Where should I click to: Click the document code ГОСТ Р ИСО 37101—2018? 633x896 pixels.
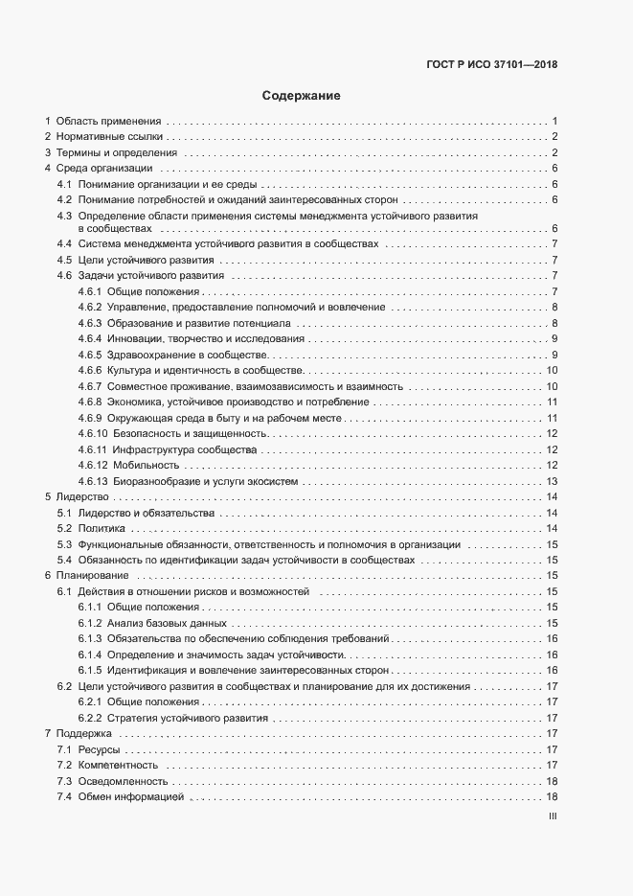[491, 66]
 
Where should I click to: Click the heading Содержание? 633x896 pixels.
[301, 96]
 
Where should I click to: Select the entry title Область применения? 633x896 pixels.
[109, 121]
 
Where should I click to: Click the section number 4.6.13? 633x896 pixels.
[93, 481]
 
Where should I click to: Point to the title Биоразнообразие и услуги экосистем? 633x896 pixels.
[204, 481]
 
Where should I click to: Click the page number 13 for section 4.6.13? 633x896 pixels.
[552, 481]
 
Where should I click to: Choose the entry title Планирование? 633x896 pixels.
[92, 575]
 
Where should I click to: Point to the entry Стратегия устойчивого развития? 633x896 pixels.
[187, 717]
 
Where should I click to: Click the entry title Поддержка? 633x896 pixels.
[84, 733]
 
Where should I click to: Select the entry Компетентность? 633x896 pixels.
[118, 765]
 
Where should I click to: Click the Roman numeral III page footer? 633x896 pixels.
[552, 817]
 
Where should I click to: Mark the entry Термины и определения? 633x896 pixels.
[116, 152]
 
